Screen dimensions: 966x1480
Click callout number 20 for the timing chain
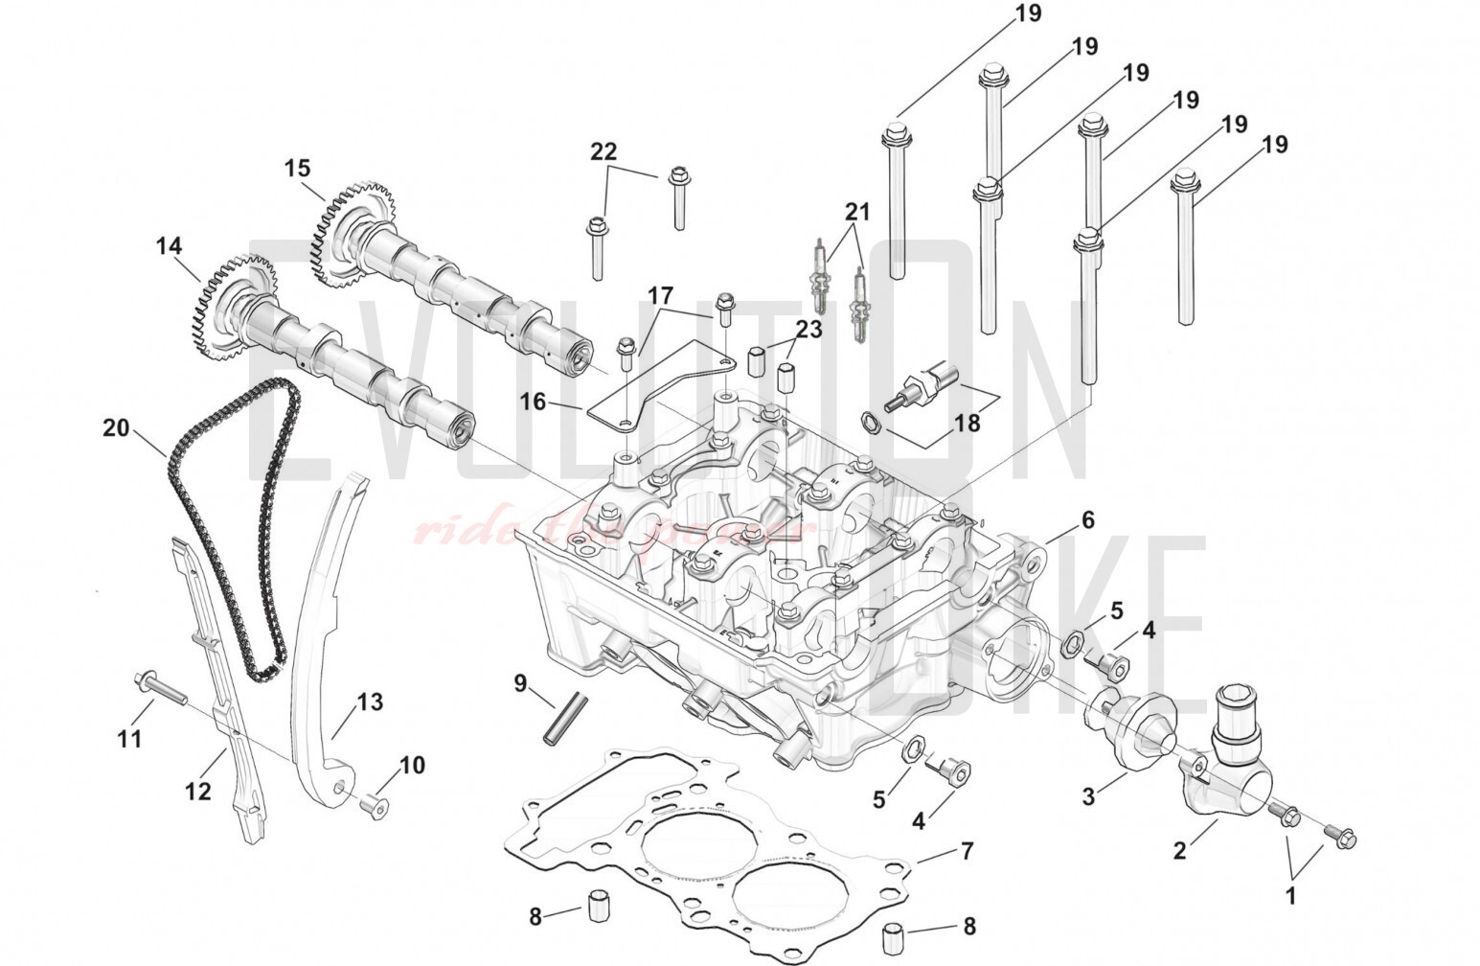116,428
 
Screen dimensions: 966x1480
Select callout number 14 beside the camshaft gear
169,247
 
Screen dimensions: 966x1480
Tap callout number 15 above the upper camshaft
298,169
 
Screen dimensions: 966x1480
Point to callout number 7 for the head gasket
967,851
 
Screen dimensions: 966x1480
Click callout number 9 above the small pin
520,683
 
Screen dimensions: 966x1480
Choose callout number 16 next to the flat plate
534,402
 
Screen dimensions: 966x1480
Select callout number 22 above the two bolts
603,151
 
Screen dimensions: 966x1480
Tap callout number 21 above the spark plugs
857,212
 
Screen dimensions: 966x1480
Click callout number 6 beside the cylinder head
1087,520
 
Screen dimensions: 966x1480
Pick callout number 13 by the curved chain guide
370,702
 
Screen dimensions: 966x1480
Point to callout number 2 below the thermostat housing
1180,849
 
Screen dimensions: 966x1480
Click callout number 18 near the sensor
968,423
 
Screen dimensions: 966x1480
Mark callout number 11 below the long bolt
129,739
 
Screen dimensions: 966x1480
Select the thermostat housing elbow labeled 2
1231,757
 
